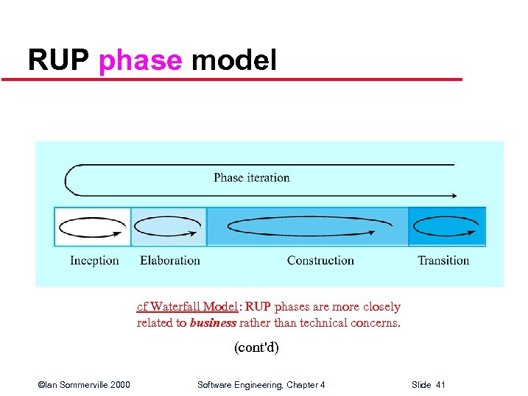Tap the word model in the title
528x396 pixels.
click(233, 60)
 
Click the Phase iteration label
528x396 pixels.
click(251, 177)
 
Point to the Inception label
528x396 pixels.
click(94, 261)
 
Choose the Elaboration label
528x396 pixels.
click(170, 261)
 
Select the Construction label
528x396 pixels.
click(320, 261)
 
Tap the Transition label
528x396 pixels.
click(443, 261)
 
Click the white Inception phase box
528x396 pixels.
click(93, 227)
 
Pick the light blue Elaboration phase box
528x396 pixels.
click(169, 227)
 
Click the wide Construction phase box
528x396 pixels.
click(308, 227)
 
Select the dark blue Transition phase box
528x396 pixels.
click(447, 227)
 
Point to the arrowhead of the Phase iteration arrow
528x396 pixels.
click(454, 196)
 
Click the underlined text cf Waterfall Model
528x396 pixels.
click(187, 307)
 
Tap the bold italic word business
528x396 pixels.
click(213, 322)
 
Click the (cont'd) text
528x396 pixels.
click(256, 347)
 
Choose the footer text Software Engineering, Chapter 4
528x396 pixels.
click(261, 385)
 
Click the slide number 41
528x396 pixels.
click(440, 385)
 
